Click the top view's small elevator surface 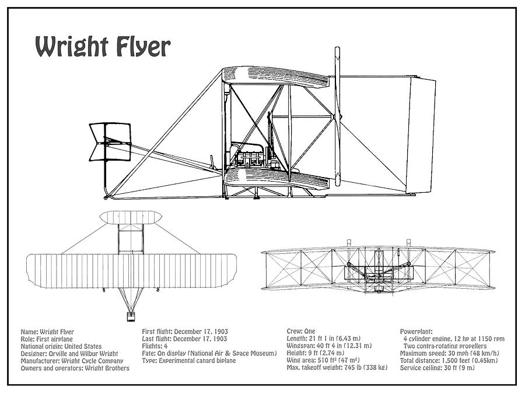131,218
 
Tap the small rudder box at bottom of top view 131,316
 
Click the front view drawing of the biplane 378,268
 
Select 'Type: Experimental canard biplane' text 188,360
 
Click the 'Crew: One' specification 301,331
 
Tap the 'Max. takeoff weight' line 337,368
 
